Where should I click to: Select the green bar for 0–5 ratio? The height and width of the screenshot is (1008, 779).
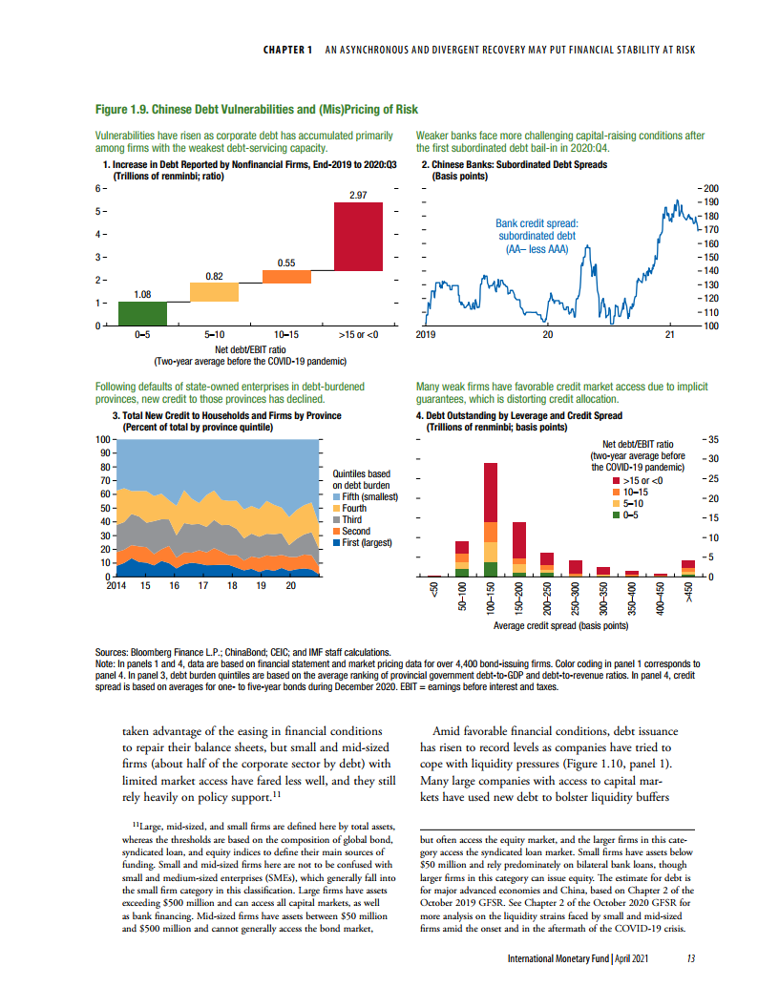point(142,314)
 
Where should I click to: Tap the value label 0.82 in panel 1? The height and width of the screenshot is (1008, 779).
point(214,276)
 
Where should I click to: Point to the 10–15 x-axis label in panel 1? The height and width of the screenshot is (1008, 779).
point(286,335)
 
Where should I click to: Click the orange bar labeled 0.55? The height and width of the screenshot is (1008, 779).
point(286,277)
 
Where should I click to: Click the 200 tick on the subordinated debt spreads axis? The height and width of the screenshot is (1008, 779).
point(710,189)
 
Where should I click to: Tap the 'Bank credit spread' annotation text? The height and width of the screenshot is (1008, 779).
point(537,223)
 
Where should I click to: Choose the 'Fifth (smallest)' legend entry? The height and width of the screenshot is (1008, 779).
point(368,496)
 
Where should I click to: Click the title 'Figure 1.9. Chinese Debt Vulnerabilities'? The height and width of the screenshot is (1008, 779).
point(258,110)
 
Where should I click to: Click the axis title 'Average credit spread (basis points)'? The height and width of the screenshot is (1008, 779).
point(560,626)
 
